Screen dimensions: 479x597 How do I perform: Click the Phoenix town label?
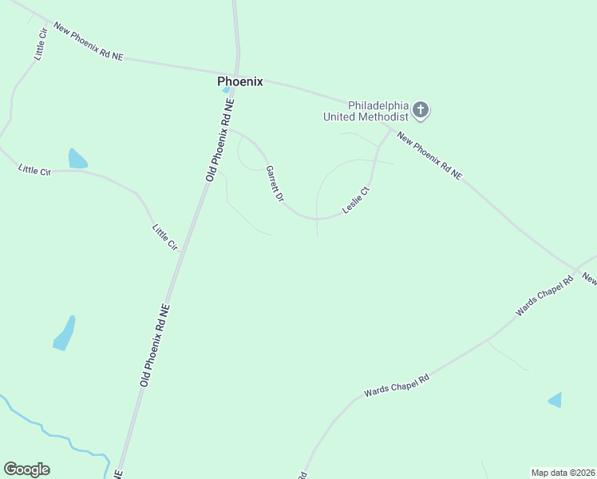click(x=240, y=81)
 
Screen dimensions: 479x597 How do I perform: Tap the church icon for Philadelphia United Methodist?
click(x=421, y=110)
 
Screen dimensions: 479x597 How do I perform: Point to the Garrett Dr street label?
click(x=275, y=184)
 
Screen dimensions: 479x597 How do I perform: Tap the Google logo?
click(x=26, y=469)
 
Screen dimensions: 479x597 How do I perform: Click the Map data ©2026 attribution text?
click(x=563, y=472)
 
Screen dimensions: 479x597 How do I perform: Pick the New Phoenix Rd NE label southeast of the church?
click(x=429, y=155)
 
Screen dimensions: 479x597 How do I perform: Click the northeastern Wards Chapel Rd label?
click(x=544, y=295)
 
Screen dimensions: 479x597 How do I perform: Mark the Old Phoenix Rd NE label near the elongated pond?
click(x=155, y=345)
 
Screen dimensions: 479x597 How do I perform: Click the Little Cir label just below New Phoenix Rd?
click(x=41, y=45)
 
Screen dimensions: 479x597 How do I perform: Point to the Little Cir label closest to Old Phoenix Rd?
click(x=165, y=237)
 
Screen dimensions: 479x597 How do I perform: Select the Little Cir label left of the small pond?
click(x=34, y=170)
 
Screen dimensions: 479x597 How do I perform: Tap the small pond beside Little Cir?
click(x=77, y=159)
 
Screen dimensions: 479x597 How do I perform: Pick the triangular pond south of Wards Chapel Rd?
click(x=555, y=400)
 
